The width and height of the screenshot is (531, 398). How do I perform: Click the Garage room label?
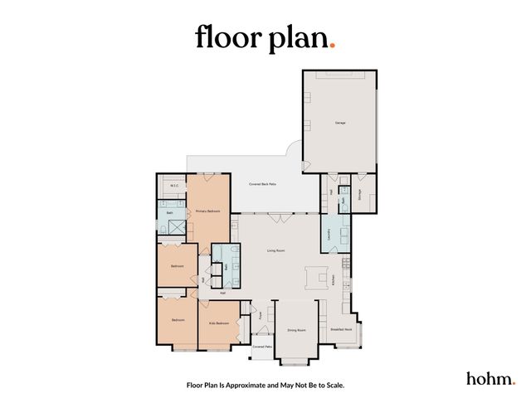tap(340, 123)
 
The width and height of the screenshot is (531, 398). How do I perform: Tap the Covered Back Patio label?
tap(263, 184)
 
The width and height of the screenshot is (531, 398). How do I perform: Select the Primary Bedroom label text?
tap(207, 212)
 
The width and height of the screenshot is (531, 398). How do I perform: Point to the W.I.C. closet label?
tap(176, 187)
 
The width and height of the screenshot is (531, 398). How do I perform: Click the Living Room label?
tap(276, 250)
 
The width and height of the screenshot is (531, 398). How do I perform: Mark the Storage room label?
tap(359, 196)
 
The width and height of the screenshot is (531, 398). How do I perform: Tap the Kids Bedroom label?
tap(218, 323)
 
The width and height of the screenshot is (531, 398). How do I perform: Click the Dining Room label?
tap(297, 331)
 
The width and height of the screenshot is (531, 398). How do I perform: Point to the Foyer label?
tap(260, 316)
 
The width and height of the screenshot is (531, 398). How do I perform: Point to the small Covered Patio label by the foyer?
tap(263, 347)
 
